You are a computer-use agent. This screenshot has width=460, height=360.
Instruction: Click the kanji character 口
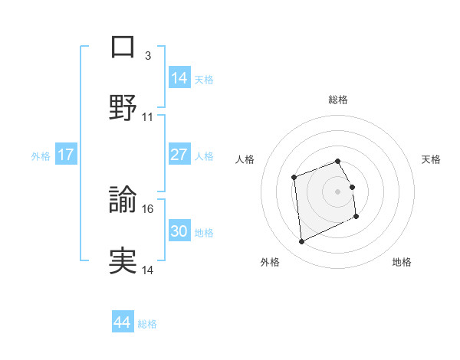click(x=123, y=47)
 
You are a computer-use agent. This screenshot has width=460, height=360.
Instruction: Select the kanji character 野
click(x=123, y=108)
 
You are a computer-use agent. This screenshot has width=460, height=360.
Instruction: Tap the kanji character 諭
click(x=123, y=200)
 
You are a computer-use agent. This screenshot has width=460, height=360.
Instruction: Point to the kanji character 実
click(x=123, y=260)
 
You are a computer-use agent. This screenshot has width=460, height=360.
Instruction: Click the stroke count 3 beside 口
click(x=147, y=56)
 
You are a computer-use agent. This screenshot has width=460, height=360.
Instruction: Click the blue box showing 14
click(x=179, y=78)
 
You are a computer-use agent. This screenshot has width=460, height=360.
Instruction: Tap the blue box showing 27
click(x=179, y=155)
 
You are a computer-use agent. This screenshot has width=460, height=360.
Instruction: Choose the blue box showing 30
click(x=179, y=231)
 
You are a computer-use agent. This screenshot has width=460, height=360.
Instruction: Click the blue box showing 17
click(x=66, y=155)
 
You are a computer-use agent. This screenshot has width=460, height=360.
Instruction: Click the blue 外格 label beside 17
click(x=41, y=155)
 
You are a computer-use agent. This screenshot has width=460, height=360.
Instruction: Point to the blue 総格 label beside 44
click(x=147, y=324)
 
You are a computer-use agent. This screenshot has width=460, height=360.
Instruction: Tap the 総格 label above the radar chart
click(x=338, y=100)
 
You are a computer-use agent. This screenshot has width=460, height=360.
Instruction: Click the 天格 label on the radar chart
click(x=432, y=159)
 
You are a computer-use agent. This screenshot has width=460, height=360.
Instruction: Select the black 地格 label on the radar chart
click(x=402, y=263)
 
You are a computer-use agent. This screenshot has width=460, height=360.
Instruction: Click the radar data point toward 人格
click(x=294, y=178)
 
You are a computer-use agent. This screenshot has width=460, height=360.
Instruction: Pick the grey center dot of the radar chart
click(x=338, y=191)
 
